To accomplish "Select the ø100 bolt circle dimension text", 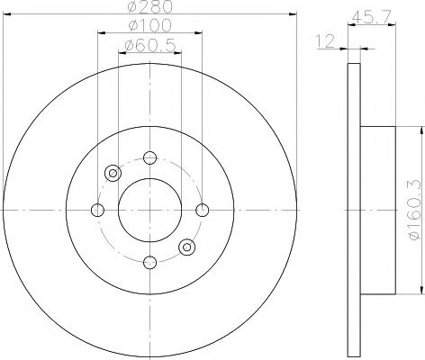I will point(149,28).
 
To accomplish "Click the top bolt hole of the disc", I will point(149,157).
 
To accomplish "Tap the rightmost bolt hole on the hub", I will point(202,210).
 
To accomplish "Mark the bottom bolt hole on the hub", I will point(149,262).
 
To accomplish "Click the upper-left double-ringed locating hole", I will point(113,173).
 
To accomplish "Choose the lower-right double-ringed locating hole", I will point(186,247).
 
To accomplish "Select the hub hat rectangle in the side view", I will point(378,210).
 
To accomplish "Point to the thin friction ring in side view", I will point(353,210).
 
